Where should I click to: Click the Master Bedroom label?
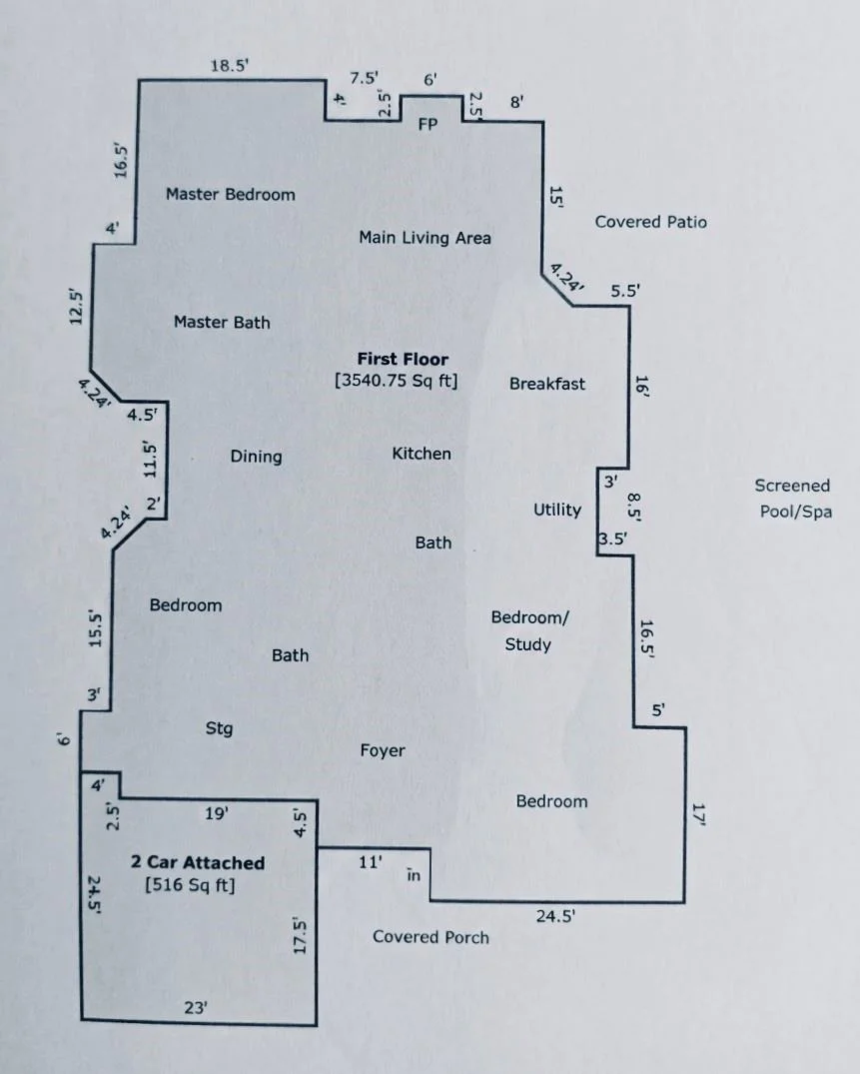coord(230,195)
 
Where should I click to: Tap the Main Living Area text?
coord(425,238)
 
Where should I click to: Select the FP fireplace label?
coord(428,124)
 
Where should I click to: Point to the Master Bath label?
coord(222,322)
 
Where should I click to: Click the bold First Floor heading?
coord(403,359)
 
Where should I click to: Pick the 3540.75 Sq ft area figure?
coord(397,381)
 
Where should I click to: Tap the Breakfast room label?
coord(547,384)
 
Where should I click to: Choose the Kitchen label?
coord(422,454)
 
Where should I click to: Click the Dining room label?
coord(256,457)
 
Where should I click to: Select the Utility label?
coord(557,510)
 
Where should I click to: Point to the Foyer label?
coord(383,750)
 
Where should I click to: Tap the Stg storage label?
coord(219,728)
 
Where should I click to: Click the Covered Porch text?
coord(430,937)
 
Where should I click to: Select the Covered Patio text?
coord(650,222)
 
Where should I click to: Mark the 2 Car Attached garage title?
coord(198,863)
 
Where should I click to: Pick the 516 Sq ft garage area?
coord(190,885)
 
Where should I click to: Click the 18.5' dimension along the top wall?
coord(230,66)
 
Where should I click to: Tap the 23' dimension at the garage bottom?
coord(196,1007)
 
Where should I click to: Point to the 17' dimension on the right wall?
coord(699,813)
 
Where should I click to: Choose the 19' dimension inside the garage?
coord(217,813)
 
